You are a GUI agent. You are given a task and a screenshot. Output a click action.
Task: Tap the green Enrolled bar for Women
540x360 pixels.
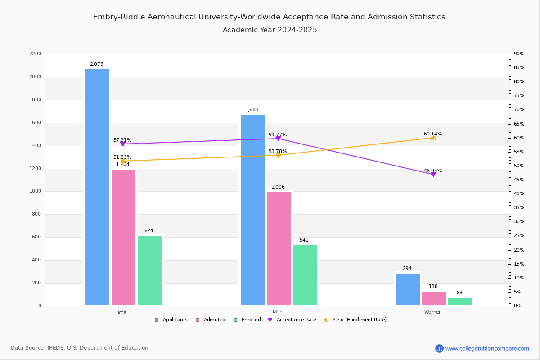(460, 301)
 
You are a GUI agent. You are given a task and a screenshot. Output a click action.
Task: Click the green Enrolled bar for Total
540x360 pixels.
(149, 270)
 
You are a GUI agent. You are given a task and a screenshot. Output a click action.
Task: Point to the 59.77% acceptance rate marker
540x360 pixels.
(278, 139)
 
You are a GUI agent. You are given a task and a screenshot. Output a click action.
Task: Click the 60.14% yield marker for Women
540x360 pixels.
(433, 138)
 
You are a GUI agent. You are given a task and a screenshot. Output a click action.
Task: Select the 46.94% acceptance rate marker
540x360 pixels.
(433, 174)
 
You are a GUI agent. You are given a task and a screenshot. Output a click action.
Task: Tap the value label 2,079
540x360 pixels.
(96, 64)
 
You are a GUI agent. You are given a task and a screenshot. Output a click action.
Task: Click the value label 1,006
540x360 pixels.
(278, 187)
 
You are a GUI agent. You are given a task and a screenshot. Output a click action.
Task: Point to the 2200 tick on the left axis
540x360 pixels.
(36, 54)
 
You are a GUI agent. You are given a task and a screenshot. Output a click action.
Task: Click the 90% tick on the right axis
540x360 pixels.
(519, 54)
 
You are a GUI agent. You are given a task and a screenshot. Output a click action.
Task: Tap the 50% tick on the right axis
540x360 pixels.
(519, 166)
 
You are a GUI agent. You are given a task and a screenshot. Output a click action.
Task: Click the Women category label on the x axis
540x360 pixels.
(433, 312)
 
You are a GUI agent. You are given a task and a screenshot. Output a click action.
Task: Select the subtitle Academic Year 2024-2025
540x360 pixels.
(270, 30)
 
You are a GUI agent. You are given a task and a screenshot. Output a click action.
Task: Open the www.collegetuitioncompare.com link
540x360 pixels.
(487, 348)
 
